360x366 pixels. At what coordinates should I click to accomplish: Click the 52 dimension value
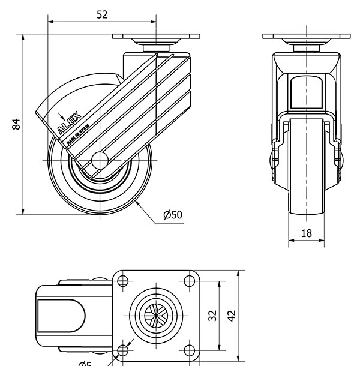[102, 14]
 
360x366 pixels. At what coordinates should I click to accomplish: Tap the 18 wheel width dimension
[306, 233]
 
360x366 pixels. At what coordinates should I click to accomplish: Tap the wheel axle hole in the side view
[100, 161]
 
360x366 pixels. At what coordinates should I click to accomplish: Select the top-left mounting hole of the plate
[124, 280]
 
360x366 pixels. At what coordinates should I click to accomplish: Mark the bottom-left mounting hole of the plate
[124, 350]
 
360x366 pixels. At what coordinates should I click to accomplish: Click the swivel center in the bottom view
[157, 315]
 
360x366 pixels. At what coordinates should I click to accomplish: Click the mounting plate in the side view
[157, 36]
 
